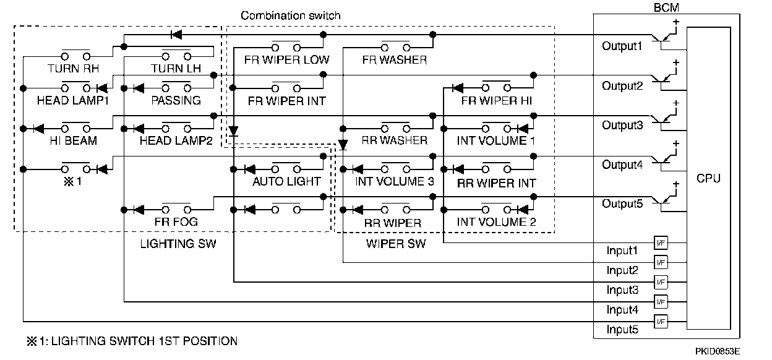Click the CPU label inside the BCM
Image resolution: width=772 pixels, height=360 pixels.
(708, 178)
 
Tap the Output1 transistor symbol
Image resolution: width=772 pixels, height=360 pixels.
(665, 38)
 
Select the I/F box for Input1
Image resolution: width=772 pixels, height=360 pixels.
(661, 243)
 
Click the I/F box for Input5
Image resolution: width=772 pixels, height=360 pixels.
(661, 322)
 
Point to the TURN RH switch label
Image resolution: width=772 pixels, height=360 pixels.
(73, 69)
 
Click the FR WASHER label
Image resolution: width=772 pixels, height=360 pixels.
(395, 60)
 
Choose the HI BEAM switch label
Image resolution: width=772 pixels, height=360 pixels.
(74, 140)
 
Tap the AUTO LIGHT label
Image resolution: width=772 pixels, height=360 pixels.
(286, 181)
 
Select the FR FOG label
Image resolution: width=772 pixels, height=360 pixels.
(176, 221)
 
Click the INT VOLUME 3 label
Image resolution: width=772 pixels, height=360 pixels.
(395, 181)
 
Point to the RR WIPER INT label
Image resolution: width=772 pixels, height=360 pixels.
(496, 183)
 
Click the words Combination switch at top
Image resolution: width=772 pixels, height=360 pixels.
(290, 15)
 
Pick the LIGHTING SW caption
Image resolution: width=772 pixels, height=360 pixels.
(178, 244)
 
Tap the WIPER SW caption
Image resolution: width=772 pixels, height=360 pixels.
(396, 244)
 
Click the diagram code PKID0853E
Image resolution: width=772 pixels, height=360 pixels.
(717, 351)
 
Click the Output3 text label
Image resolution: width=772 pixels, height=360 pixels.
(622, 125)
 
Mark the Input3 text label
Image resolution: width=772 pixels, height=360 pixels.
(622, 290)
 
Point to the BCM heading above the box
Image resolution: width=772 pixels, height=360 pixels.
(666, 7)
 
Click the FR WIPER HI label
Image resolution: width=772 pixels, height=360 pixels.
(496, 101)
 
